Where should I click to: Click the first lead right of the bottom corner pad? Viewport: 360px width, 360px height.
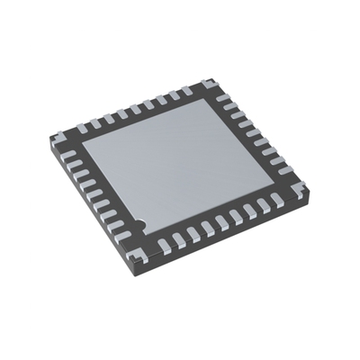tap(177, 238)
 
